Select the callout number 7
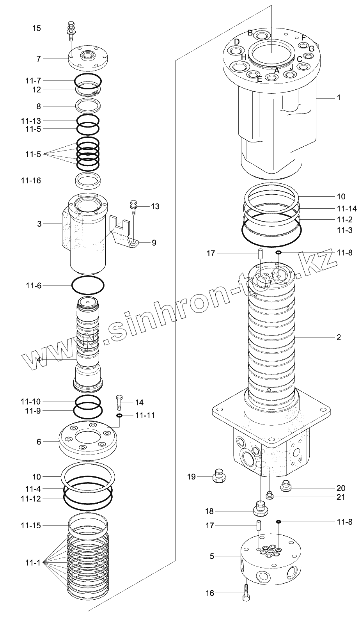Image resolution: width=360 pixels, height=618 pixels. (38, 59)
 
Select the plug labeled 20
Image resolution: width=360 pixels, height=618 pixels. (287, 486)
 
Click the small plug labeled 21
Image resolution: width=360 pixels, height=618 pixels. (269, 495)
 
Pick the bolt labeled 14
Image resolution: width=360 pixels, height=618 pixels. (120, 402)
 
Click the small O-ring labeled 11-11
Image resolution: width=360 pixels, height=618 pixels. (119, 416)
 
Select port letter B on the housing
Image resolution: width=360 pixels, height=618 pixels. (250, 32)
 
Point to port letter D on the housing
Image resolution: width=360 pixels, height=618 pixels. (236, 42)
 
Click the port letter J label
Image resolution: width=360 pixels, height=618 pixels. (291, 67)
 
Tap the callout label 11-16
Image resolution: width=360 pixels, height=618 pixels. (30, 180)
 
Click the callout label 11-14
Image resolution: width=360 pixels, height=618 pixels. (344, 209)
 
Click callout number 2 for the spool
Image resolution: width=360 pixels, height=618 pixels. (338, 337)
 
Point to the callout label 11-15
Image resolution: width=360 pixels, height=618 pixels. (30, 526)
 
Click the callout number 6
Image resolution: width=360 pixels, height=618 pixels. (39, 442)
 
